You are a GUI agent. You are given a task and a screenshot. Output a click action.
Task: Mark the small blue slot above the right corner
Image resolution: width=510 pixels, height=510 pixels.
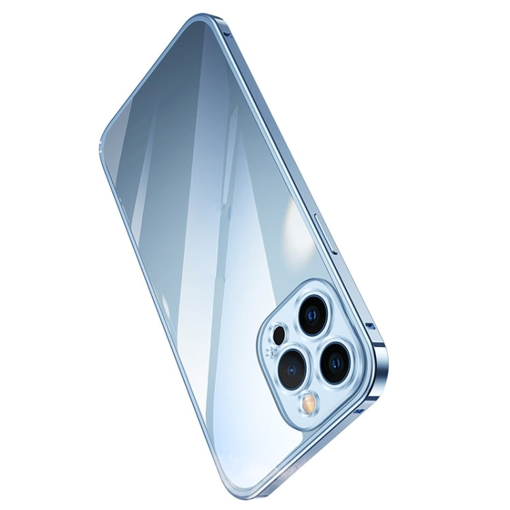[370, 326]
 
